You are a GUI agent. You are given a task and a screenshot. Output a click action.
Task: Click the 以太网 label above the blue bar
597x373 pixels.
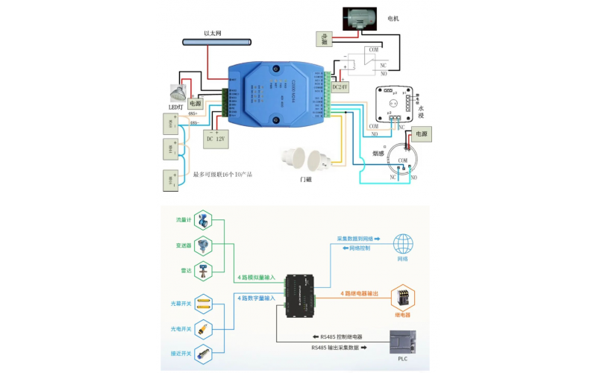(x=213, y=33)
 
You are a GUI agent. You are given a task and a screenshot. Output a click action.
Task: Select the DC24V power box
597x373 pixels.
(x=340, y=87)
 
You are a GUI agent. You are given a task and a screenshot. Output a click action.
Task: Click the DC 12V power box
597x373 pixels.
(x=215, y=138)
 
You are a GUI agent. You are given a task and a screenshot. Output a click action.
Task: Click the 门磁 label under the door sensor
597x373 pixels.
(x=307, y=179)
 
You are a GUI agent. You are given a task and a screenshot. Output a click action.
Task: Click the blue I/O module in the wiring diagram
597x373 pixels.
(x=275, y=93)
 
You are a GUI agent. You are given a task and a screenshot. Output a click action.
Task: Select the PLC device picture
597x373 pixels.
(x=403, y=344)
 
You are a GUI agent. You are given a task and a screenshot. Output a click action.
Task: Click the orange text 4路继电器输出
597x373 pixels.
(x=366, y=293)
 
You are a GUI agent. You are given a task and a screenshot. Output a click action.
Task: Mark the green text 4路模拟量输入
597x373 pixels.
(x=256, y=277)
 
